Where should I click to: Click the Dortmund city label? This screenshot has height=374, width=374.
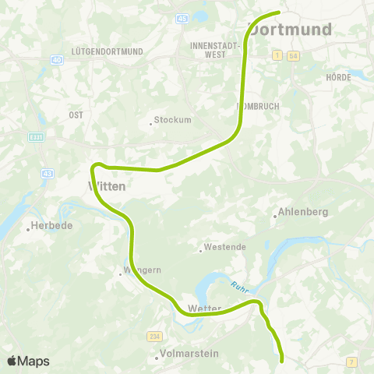click(291, 30)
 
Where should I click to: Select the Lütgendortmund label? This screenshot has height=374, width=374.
click(107, 51)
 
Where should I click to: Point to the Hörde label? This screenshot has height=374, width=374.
click(339, 77)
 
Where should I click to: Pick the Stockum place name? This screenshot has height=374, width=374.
click(172, 120)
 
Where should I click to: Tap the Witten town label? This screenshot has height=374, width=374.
click(103, 186)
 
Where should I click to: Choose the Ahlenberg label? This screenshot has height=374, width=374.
click(304, 212)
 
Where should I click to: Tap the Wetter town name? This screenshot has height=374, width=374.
click(204, 309)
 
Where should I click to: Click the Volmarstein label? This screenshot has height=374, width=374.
click(189, 354)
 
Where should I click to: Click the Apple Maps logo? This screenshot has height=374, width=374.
click(28, 361)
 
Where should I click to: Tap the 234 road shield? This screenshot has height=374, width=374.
click(153, 336)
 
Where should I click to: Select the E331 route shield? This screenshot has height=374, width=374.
click(38, 137)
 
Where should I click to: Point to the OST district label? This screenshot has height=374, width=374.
click(76, 115)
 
